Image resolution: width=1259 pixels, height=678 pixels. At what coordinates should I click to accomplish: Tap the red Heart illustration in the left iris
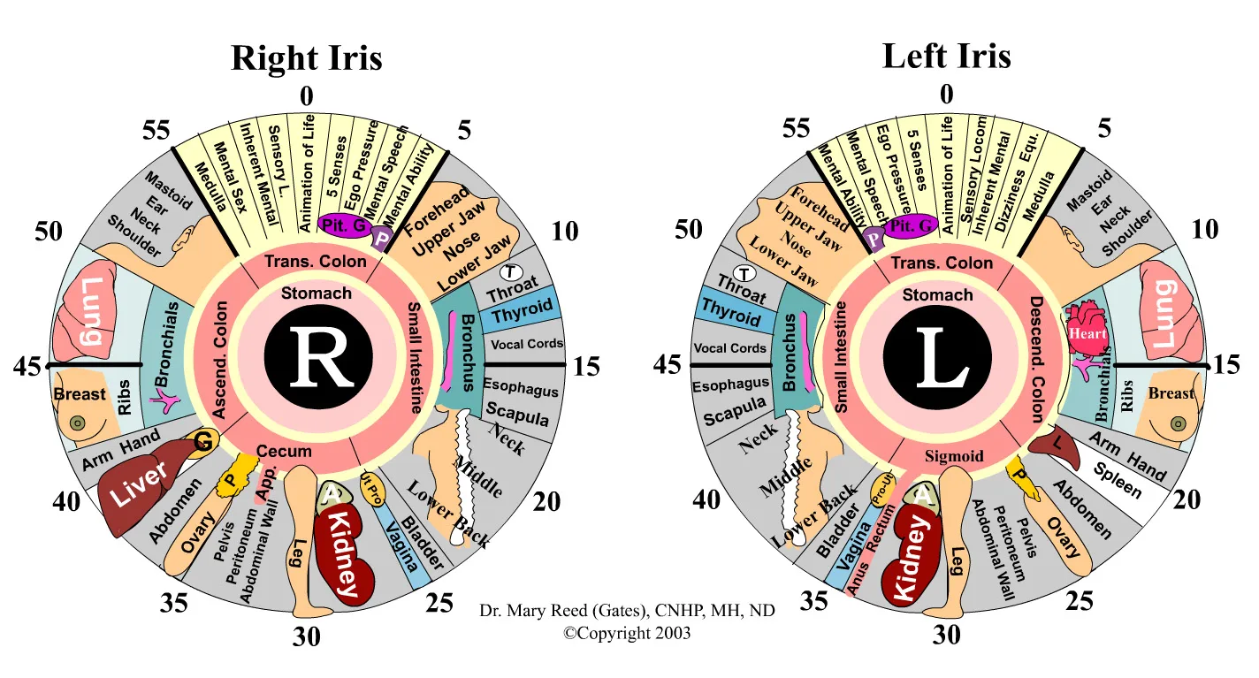click(1087, 331)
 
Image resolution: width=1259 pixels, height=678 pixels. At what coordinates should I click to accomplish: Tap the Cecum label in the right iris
click(284, 451)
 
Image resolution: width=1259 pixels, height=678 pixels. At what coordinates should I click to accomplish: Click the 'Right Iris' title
click(306, 58)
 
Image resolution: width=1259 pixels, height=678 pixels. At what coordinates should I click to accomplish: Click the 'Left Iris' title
click(946, 56)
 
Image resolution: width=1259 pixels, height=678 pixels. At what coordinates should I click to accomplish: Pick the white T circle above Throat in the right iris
click(510, 270)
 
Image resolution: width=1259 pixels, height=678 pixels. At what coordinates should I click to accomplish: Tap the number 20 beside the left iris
click(1187, 499)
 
